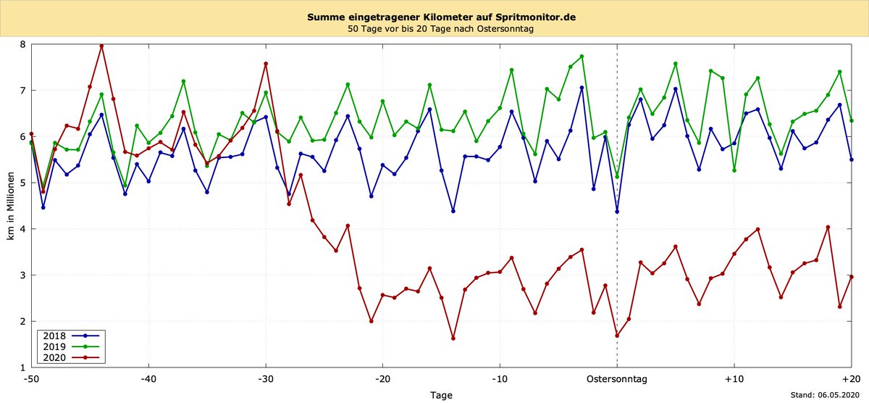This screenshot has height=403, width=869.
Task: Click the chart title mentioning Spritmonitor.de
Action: pyautogui.click(x=434, y=17)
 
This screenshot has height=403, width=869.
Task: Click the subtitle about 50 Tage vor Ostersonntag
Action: pyautogui.click(x=434, y=30)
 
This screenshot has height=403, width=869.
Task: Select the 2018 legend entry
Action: pyautogui.click(x=70, y=336)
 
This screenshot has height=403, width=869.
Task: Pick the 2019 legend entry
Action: pyautogui.click(x=70, y=346)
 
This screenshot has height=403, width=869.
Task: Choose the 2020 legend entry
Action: pyautogui.click(x=70, y=357)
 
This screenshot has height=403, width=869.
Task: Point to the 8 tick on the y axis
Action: pyautogui.click(x=22, y=44)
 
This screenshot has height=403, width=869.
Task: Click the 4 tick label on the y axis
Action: pyautogui.click(x=22, y=229)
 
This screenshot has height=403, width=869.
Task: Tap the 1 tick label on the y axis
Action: pyautogui.click(x=22, y=367)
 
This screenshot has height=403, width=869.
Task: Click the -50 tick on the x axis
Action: pyautogui.click(x=31, y=378)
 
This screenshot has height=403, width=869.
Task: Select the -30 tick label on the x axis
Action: pyautogui.click(x=266, y=378)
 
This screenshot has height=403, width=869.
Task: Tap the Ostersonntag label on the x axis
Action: pyautogui.click(x=617, y=378)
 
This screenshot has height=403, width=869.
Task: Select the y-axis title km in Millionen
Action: pyautogui.click(x=10, y=206)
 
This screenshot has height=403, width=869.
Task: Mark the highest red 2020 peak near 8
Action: pyautogui.click(x=101, y=46)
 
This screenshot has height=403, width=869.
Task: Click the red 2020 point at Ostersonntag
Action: pyautogui.click(x=617, y=336)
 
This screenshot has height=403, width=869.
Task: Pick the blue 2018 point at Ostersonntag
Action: pyautogui.click(x=617, y=212)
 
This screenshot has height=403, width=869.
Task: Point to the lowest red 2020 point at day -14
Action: pyautogui.click(x=453, y=338)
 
